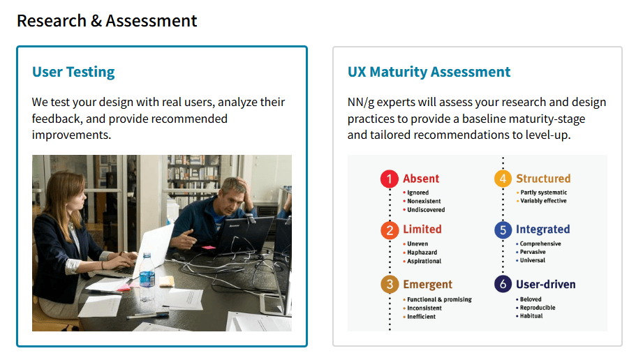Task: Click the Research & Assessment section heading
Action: coord(107,21)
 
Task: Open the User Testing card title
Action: coord(73,72)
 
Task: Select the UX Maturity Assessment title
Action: coord(429,72)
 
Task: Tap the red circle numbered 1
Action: coord(390,179)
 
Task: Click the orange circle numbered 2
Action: coord(390,230)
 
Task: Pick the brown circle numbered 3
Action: coord(390,285)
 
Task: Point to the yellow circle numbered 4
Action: coord(503,179)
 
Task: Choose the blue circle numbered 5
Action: coord(503,230)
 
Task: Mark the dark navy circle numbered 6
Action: coord(503,285)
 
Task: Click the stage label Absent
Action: coord(421,179)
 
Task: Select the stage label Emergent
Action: coord(427,285)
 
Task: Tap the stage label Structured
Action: coord(543,179)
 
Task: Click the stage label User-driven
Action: coord(545,285)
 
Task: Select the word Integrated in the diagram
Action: coord(542,230)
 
